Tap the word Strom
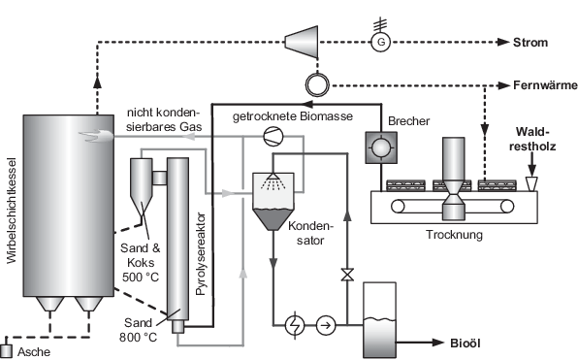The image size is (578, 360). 530,43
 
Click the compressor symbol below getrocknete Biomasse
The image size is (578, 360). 273,137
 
